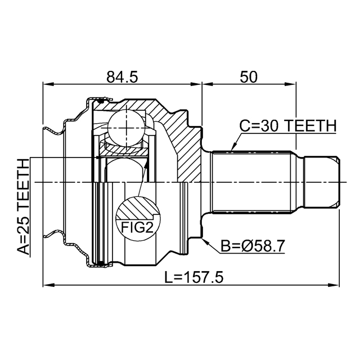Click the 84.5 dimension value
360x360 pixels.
click(x=122, y=77)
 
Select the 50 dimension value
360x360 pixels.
click(x=249, y=77)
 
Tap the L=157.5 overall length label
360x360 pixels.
click(x=194, y=277)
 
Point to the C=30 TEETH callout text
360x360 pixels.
click(x=288, y=126)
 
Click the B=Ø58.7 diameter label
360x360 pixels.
click(x=253, y=246)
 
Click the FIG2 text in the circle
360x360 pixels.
click(x=137, y=228)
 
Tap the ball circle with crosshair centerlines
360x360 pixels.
click(x=127, y=128)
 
